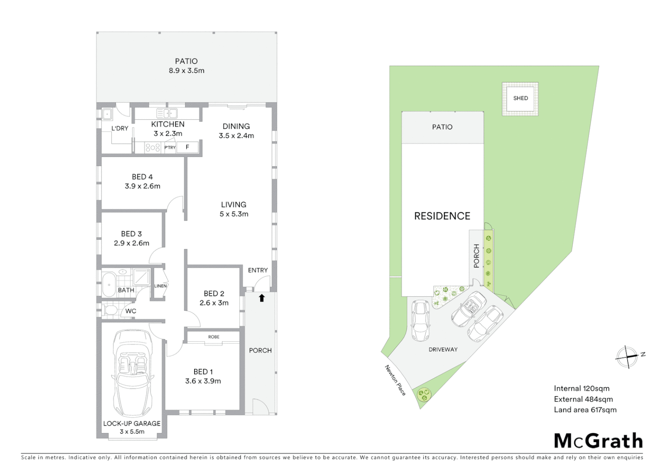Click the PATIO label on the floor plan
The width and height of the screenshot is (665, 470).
point(186,61)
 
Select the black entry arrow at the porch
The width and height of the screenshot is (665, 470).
point(262,298)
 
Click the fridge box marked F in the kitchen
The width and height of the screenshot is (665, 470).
point(188,147)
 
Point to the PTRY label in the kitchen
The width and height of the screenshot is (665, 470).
point(170,148)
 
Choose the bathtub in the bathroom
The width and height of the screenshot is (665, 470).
point(108,284)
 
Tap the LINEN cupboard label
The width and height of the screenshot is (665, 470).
point(160,286)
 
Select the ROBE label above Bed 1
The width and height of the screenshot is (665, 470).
point(213,337)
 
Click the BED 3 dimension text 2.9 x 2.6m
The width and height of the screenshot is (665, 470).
point(131,243)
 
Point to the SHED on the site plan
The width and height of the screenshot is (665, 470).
point(520,98)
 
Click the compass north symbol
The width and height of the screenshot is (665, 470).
point(628,357)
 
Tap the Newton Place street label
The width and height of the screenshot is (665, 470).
point(395,380)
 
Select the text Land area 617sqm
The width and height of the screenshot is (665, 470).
point(585,410)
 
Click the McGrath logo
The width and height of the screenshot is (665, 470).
point(598,441)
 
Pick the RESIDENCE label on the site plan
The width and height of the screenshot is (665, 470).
point(442,216)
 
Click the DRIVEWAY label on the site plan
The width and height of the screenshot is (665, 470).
point(443,349)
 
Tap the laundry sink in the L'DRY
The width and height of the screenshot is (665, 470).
point(107,114)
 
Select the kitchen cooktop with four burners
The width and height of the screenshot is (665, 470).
point(153,148)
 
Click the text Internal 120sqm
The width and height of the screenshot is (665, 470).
point(581,389)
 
